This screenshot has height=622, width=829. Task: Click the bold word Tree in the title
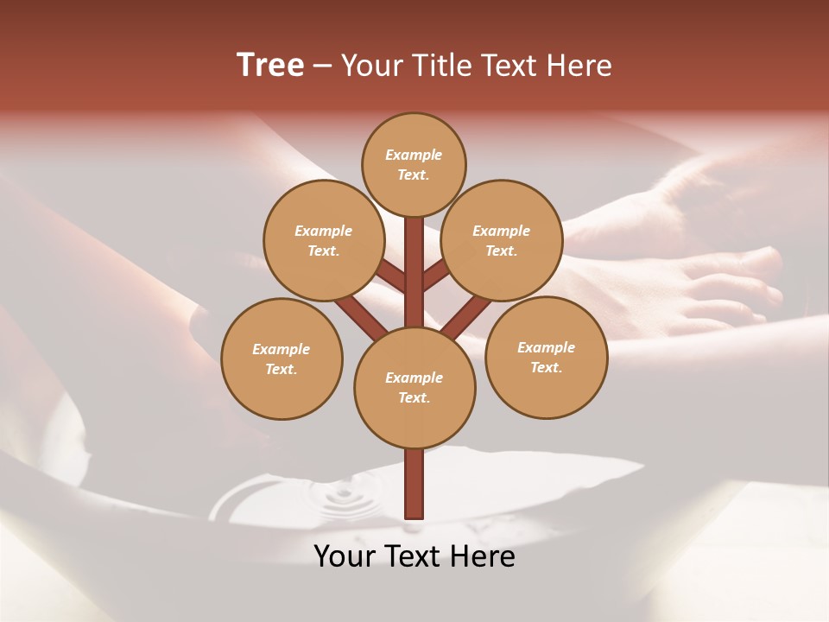tap(270, 65)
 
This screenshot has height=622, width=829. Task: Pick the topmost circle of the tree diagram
tap(414, 164)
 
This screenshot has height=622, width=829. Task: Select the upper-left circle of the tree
tap(323, 240)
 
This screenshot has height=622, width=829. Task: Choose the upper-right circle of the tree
tap(501, 240)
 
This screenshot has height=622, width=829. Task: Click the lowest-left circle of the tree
tap(282, 359)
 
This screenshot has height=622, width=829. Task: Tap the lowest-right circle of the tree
tap(546, 357)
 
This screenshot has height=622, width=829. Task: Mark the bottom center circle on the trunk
tap(414, 387)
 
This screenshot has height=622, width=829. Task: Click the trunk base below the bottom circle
tap(414, 484)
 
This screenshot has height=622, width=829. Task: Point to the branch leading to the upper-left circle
tap(390, 276)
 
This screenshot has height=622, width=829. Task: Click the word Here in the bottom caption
tap(484, 556)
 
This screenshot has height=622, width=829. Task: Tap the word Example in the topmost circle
tap(414, 155)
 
